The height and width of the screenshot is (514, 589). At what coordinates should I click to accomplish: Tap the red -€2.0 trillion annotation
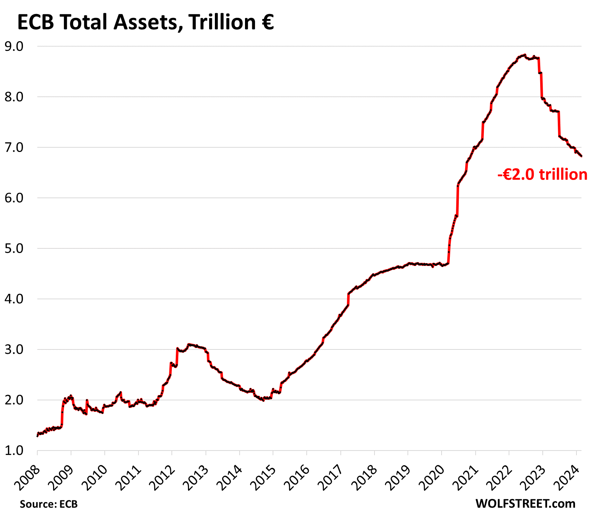[x=542, y=175]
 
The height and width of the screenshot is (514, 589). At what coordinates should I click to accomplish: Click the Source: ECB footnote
[x=49, y=504]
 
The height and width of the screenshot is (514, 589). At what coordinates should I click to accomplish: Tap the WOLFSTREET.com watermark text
[x=525, y=503]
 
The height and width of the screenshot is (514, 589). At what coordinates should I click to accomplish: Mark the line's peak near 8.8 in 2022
[x=525, y=55]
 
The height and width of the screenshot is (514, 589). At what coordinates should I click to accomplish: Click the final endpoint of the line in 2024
[x=581, y=156]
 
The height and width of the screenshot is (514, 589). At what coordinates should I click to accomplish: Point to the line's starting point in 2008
[x=37, y=436]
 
